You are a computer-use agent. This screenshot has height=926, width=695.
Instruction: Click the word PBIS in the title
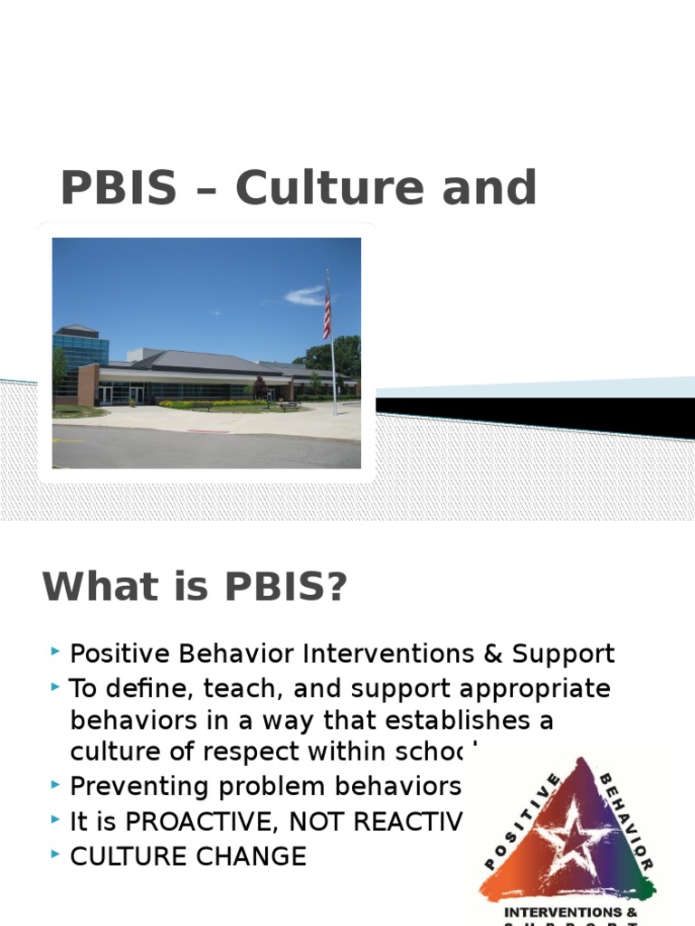pyautogui.click(x=119, y=188)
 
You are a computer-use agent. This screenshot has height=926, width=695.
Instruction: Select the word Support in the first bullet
pyautogui.click(x=563, y=654)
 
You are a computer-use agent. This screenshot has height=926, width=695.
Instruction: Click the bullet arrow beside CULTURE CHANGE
pyautogui.click(x=56, y=854)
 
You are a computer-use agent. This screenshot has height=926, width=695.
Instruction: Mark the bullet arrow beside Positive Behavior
pyautogui.click(x=56, y=651)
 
